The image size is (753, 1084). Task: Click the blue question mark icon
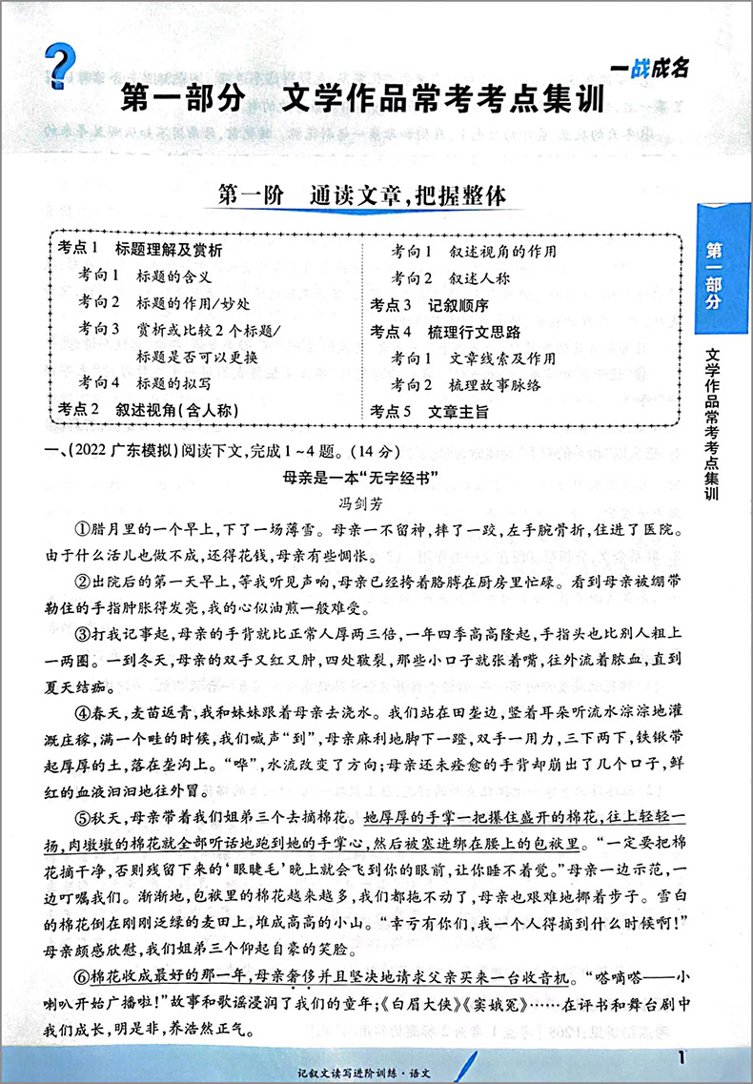(x=59, y=58)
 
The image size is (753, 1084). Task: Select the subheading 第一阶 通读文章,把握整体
(x=361, y=196)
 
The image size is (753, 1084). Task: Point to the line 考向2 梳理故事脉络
(x=466, y=385)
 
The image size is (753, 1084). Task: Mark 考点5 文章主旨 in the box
(x=429, y=412)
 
